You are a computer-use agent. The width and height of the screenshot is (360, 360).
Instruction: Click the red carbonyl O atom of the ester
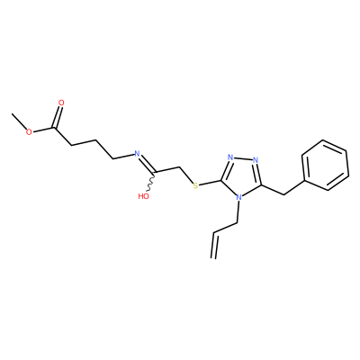(x=61, y=103)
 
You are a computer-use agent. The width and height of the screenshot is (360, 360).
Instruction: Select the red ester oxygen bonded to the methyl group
(x=29, y=132)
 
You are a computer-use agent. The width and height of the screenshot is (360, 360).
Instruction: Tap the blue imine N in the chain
(x=137, y=154)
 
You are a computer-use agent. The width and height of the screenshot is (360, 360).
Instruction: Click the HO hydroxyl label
(x=143, y=196)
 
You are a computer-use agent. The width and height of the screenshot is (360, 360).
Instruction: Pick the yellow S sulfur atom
(x=195, y=186)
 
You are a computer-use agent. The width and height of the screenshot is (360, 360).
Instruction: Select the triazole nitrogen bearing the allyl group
(x=239, y=198)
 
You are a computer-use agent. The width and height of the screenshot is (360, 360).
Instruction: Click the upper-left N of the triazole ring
(x=230, y=157)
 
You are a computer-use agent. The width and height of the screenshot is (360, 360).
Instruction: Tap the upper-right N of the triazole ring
(x=256, y=159)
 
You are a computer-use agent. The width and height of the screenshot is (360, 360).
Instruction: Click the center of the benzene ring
(x=326, y=165)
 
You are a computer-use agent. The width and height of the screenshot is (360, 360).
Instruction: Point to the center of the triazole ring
(x=242, y=176)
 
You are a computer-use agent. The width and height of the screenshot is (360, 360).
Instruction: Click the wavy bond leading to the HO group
(x=151, y=183)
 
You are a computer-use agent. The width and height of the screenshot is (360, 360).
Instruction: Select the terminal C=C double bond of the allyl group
(x=215, y=245)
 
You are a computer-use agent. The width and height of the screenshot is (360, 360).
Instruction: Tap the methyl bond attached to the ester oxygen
(x=19, y=121)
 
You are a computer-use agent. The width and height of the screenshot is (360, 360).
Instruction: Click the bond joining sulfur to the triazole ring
(x=211, y=183)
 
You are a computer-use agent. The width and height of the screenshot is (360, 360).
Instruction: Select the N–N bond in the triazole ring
(x=243, y=158)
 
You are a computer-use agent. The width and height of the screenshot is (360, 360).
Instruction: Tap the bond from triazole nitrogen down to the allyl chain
(x=238, y=212)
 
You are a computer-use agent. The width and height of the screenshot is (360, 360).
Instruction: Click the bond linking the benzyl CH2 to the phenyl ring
(x=294, y=188)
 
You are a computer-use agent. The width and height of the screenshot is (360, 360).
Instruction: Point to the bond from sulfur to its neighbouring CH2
(x=186, y=175)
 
